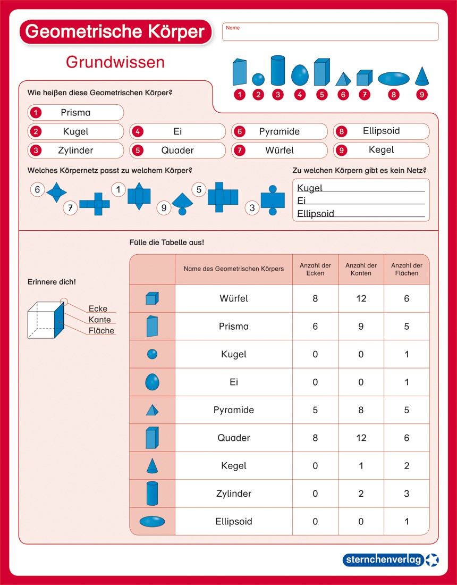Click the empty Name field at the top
pyautogui.click(x=331, y=32)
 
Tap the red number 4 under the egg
pyautogui.click(x=300, y=95)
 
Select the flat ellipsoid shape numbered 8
pyautogui.click(x=394, y=78)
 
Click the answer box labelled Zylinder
pyautogui.click(x=75, y=151)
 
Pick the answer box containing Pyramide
pyautogui.click(x=280, y=131)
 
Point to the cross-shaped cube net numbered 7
pyautogui.click(x=95, y=204)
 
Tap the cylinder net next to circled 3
pyautogui.click(x=273, y=200)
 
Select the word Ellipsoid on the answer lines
pyautogui.click(x=316, y=214)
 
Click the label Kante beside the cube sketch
pyautogui.click(x=100, y=320)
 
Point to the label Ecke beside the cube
pyautogui.click(x=98, y=308)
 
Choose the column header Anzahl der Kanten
pyautogui.click(x=361, y=270)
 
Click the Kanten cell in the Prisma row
pyautogui.click(x=361, y=327)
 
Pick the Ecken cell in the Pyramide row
pyautogui.click(x=315, y=410)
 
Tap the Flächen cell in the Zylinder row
pyautogui.click(x=407, y=494)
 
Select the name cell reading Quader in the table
pyautogui.click(x=234, y=438)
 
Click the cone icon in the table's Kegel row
pyautogui.click(x=152, y=465)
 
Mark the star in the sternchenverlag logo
pyautogui.click(x=433, y=559)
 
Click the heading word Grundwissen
pyautogui.click(x=115, y=62)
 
